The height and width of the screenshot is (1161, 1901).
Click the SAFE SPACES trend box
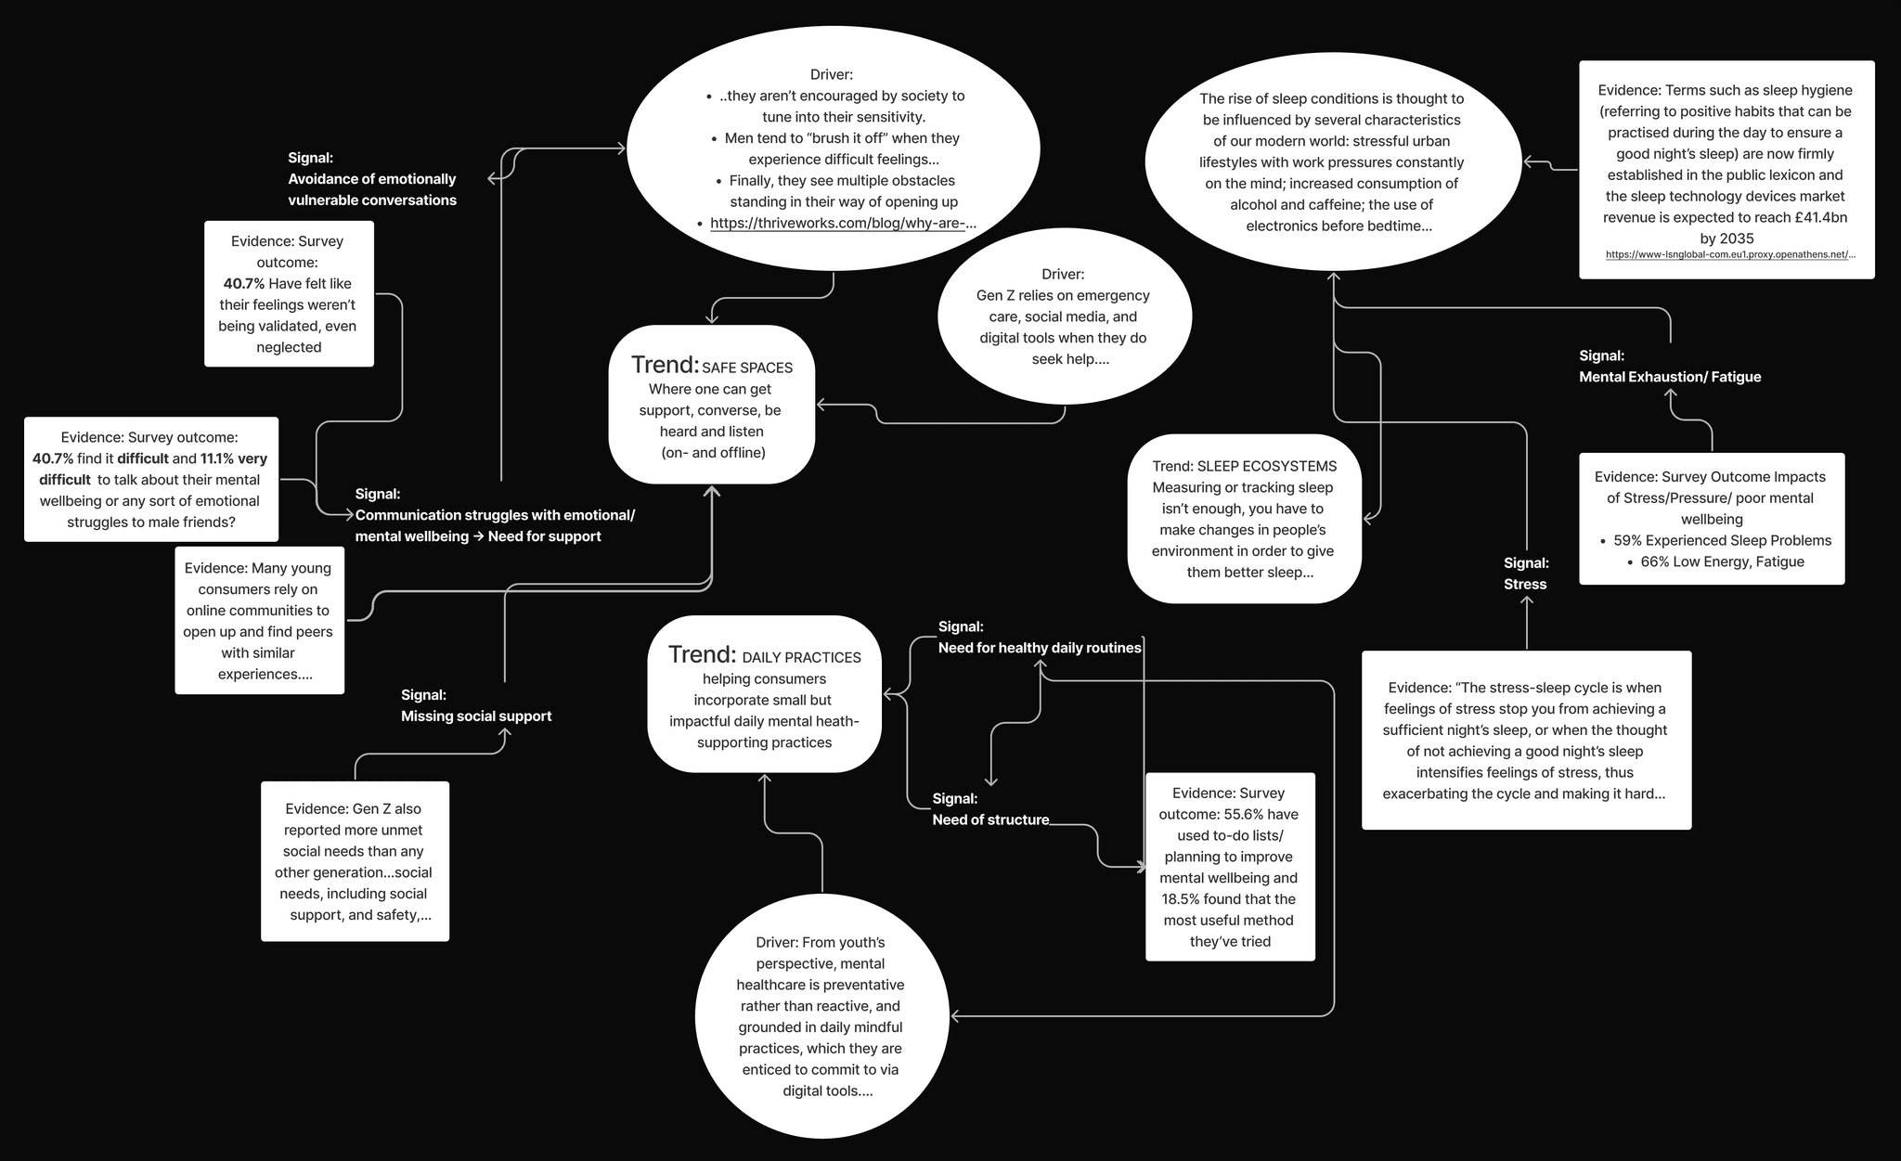[x=711, y=405]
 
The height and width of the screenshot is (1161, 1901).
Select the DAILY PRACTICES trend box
[x=764, y=694]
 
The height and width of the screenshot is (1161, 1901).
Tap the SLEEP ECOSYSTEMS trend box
[x=1244, y=519]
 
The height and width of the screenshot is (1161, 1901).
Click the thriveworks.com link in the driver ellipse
[x=842, y=223]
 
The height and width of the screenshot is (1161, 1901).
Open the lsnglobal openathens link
[x=1729, y=254]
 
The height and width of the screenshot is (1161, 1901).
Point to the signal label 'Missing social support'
[x=475, y=716]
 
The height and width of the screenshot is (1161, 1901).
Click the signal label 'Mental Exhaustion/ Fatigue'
[x=1669, y=377]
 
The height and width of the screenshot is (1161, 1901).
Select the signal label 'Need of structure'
[x=990, y=819]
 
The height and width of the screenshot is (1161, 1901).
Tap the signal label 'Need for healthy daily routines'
[x=1039, y=648]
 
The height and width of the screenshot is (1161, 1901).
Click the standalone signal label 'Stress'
[x=1525, y=584]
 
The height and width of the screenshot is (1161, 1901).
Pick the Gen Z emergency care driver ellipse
[x=1064, y=316]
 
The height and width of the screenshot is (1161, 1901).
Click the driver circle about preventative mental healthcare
[x=821, y=1016]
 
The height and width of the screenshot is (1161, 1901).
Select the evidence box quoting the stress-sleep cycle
[x=1526, y=741]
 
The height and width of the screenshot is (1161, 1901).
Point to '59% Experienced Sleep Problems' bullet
[x=1722, y=540]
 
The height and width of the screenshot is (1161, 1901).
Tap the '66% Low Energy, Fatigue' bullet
[x=1722, y=561]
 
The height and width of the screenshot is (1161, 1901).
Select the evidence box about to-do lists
[x=1230, y=867]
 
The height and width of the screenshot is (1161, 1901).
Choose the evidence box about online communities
[x=259, y=621]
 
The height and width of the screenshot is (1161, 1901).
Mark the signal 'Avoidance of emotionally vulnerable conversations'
[x=371, y=189]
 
